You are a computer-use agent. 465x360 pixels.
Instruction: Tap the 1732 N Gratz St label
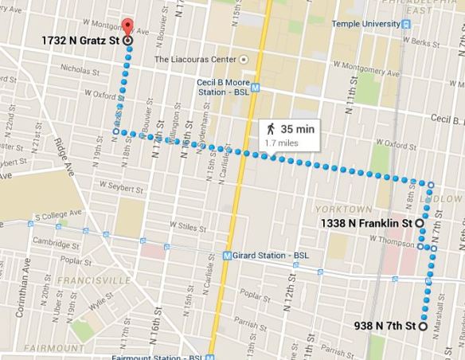(80, 40)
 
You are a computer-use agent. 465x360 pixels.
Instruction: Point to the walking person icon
(272, 128)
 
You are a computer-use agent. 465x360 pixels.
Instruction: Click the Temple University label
(365, 24)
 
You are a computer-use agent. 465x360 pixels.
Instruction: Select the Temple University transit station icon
(406, 24)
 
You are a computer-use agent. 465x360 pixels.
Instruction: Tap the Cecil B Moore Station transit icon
(256, 84)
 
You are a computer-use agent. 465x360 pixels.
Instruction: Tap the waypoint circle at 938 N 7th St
(424, 327)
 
